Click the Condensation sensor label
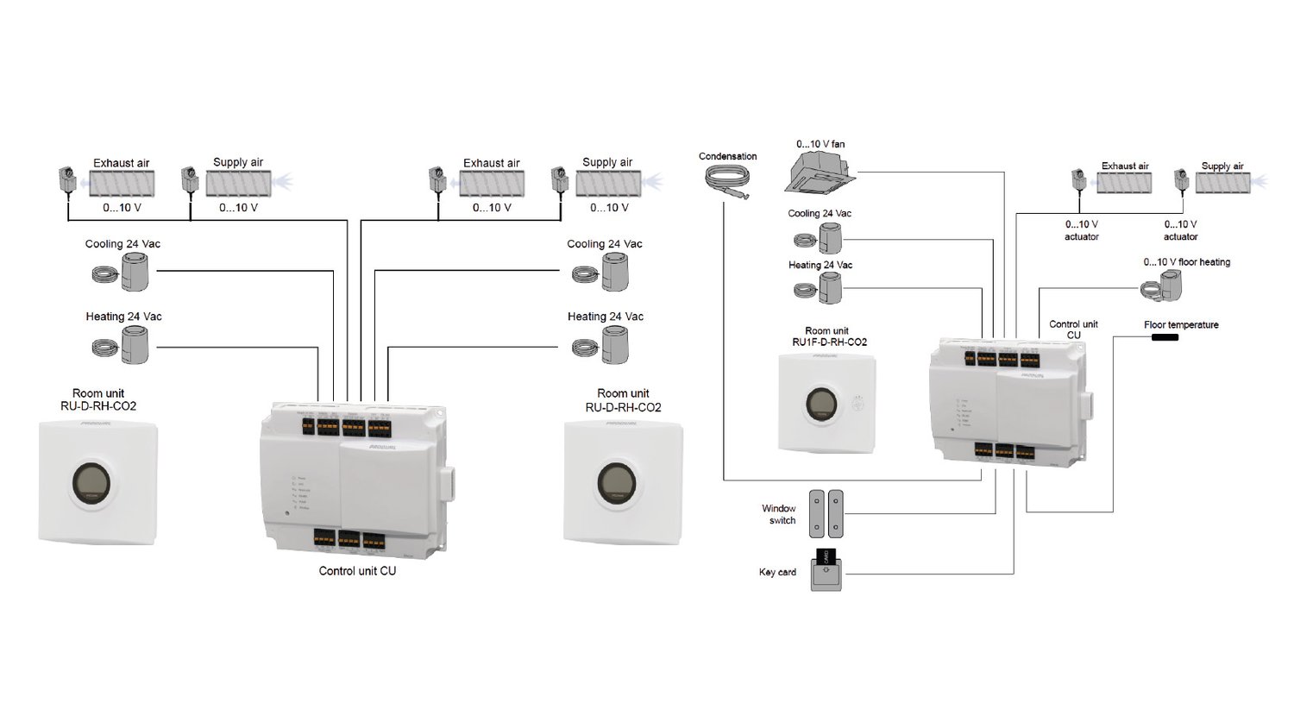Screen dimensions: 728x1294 tap(727, 156)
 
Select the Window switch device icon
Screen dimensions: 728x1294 tap(825, 514)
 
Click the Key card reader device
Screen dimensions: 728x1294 tap(826, 571)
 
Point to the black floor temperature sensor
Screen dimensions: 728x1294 tap(1164, 337)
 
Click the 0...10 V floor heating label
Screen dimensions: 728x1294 tap(1186, 262)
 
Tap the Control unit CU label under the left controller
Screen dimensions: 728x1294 tap(357, 571)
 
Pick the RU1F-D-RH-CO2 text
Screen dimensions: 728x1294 tap(829, 342)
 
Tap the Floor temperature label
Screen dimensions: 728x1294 tap(1181, 325)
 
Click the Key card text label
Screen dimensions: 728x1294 tap(777, 572)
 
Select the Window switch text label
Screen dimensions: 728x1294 tap(779, 514)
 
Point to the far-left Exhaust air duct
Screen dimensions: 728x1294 tap(122, 183)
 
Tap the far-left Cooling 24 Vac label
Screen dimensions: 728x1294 tap(122, 244)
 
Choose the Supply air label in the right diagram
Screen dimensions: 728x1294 tap(1222, 166)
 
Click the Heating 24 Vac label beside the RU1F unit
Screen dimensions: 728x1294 tap(820, 265)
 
